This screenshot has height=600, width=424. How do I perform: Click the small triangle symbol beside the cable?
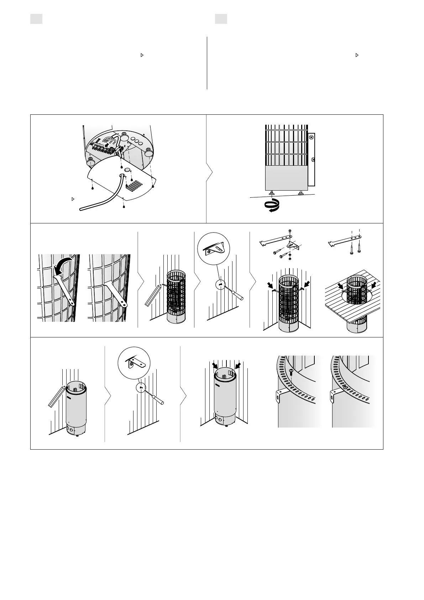pyautogui.click(x=73, y=199)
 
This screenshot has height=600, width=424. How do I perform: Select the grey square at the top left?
pyautogui.click(x=36, y=19)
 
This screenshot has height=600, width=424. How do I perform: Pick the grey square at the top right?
pyautogui.click(x=221, y=19)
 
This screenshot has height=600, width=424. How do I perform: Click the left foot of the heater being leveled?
pyautogui.click(x=272, y=193)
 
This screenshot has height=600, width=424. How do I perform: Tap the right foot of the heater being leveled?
pyautogui.click(x=301, y=193)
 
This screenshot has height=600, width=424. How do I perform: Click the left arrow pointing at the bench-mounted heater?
pyautogui.click(x=341, y=286)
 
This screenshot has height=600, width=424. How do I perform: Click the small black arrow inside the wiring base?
pyautogui.click(x=107, y=145)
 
